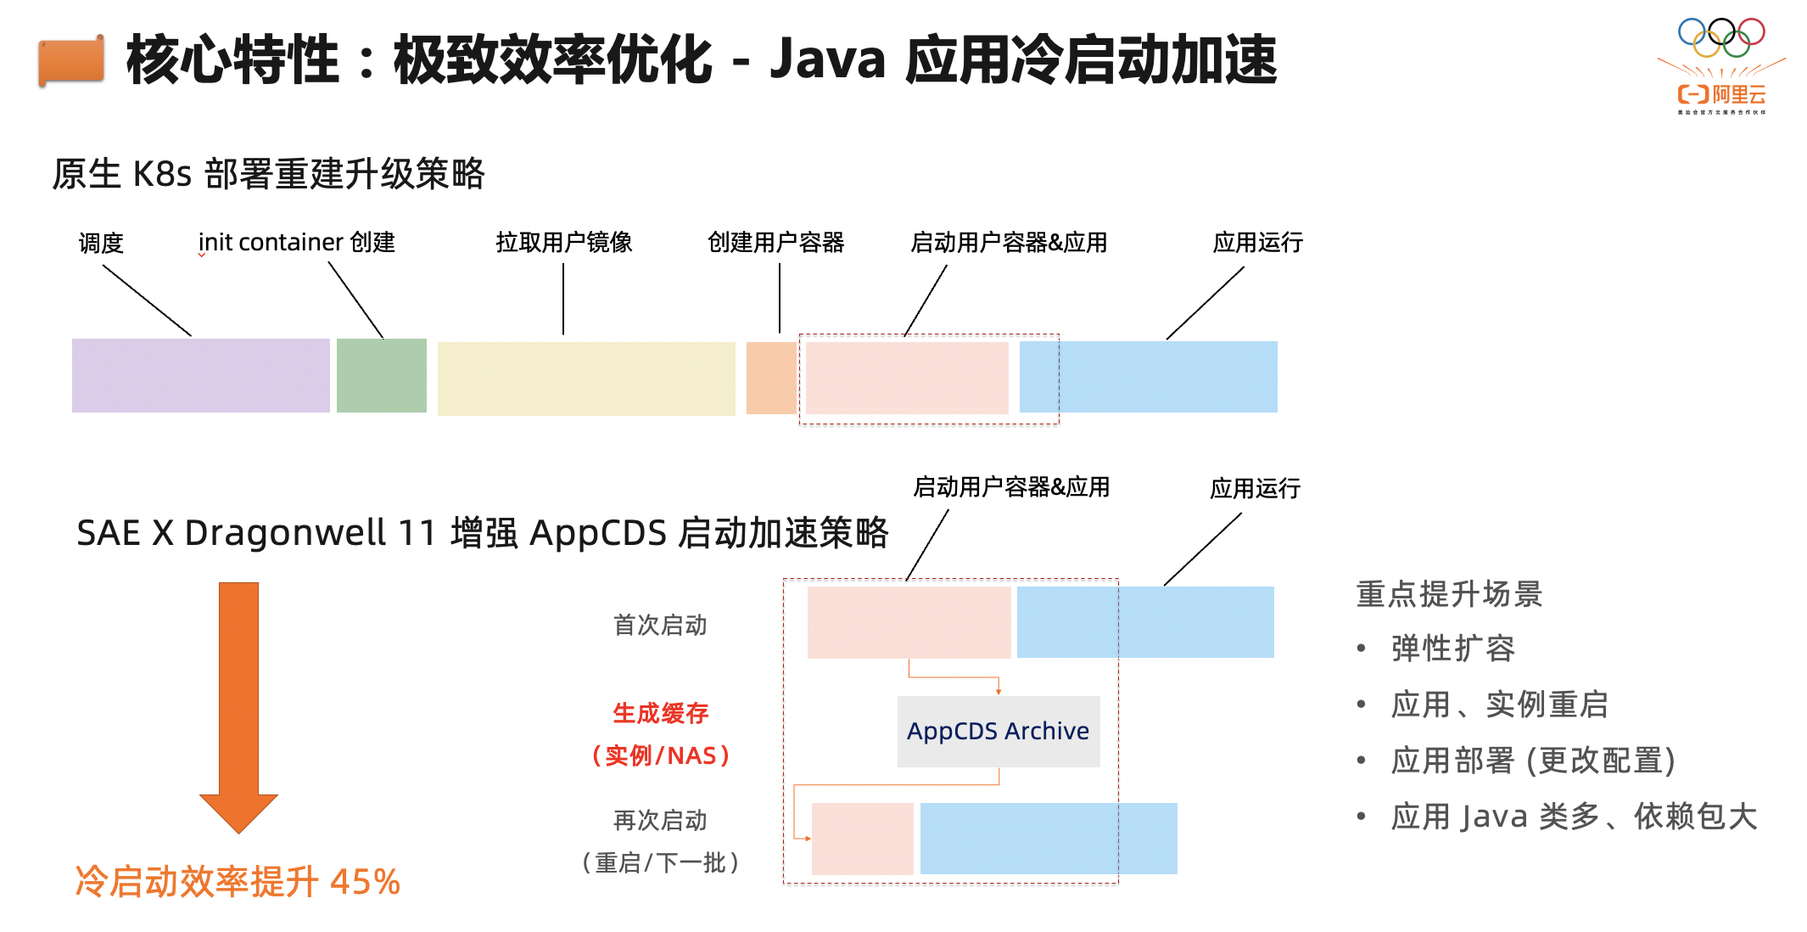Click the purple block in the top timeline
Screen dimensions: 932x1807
click(x=200, y=375)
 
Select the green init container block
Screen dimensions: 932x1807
click(x=381, y=375)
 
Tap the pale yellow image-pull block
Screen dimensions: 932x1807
click(x=585, y=378)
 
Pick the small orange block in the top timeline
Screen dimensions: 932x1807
click(x=771, y=378)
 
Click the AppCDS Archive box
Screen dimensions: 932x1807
click(x=998, y=731)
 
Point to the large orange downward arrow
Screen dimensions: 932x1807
click(x=238, y=705)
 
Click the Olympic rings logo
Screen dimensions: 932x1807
click(x=1721, y=36)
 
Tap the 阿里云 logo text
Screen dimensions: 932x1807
click(x=1722, y=94)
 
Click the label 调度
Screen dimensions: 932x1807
click(x=101, y=244)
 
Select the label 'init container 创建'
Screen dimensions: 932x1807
click(x=296, y=243)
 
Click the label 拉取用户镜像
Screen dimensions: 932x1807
click(x=564, y=243)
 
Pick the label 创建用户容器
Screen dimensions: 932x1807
click(x=775, y=243)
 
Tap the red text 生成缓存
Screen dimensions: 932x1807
click(x=660, y=713)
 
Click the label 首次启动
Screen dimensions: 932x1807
click(x=660, y=626)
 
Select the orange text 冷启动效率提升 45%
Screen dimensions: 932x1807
click(x=238, y=881)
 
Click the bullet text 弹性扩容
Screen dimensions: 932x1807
click(x=1452, y=648)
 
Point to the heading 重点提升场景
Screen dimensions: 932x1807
click(x=1449, y=594)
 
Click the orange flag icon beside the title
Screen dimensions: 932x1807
click(x=71, y=61)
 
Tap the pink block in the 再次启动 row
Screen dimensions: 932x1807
click(x=862, y=839)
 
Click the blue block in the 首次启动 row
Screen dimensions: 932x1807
click(x=1144, y=622)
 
